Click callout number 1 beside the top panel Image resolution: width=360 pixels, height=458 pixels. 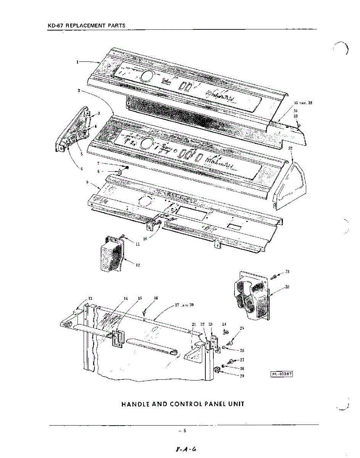(77, 61)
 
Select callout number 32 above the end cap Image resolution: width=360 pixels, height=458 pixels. (291, 148)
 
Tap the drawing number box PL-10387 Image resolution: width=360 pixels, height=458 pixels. (282, 374)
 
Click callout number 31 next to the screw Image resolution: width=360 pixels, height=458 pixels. (287, 272)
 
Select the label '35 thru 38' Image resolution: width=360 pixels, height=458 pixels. (303, 103)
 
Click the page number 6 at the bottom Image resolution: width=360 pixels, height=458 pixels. (184, 431)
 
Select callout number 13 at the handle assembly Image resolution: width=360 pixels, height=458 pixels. (90, 298)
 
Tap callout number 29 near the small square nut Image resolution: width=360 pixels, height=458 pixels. (241, 376)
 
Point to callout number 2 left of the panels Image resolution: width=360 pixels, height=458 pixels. (79, 91)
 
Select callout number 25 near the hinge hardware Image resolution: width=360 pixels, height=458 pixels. (242, 328)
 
